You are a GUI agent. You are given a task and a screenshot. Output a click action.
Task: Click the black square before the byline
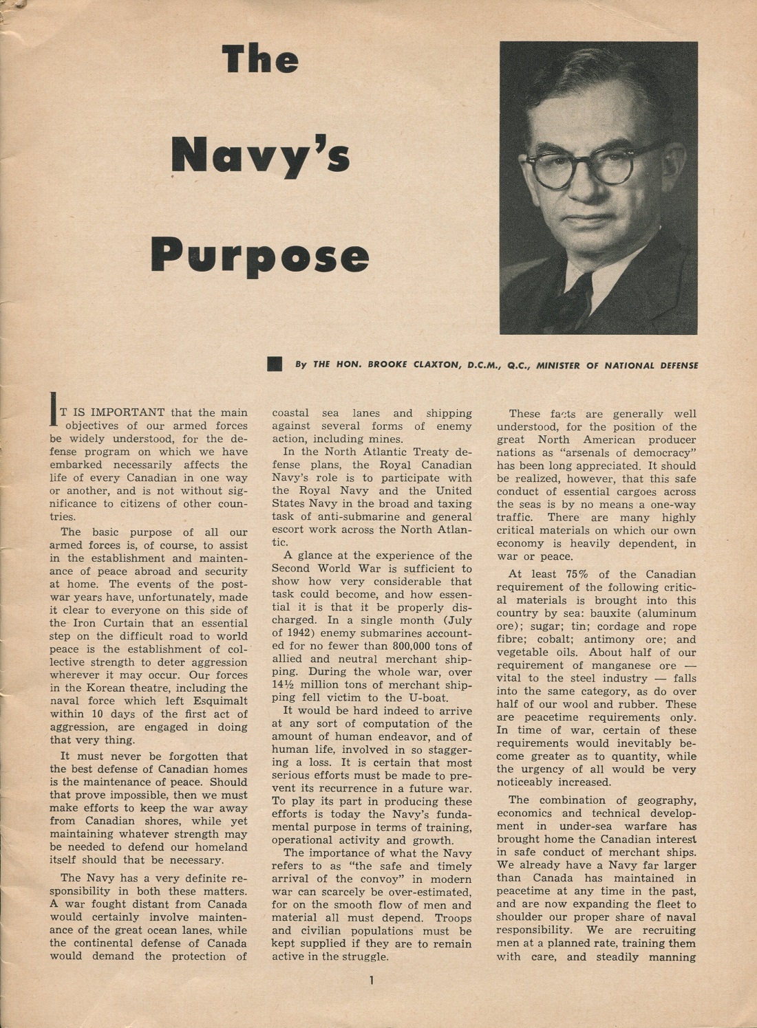(275, 364)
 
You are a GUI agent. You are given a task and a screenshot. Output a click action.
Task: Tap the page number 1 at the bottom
(371, 981)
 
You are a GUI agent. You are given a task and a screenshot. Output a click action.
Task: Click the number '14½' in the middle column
(285, 685)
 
